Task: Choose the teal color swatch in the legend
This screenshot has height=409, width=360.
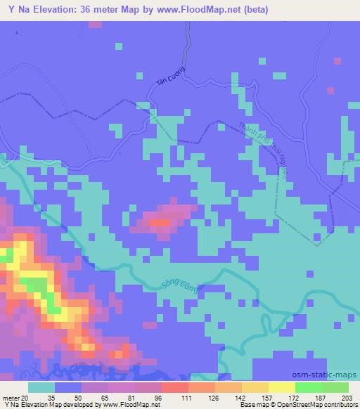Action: pos(41,387)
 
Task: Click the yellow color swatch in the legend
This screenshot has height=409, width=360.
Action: pos(282,387)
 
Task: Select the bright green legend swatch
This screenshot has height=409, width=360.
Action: pos(309,387)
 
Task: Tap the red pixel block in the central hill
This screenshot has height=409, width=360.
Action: pos(161,223)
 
